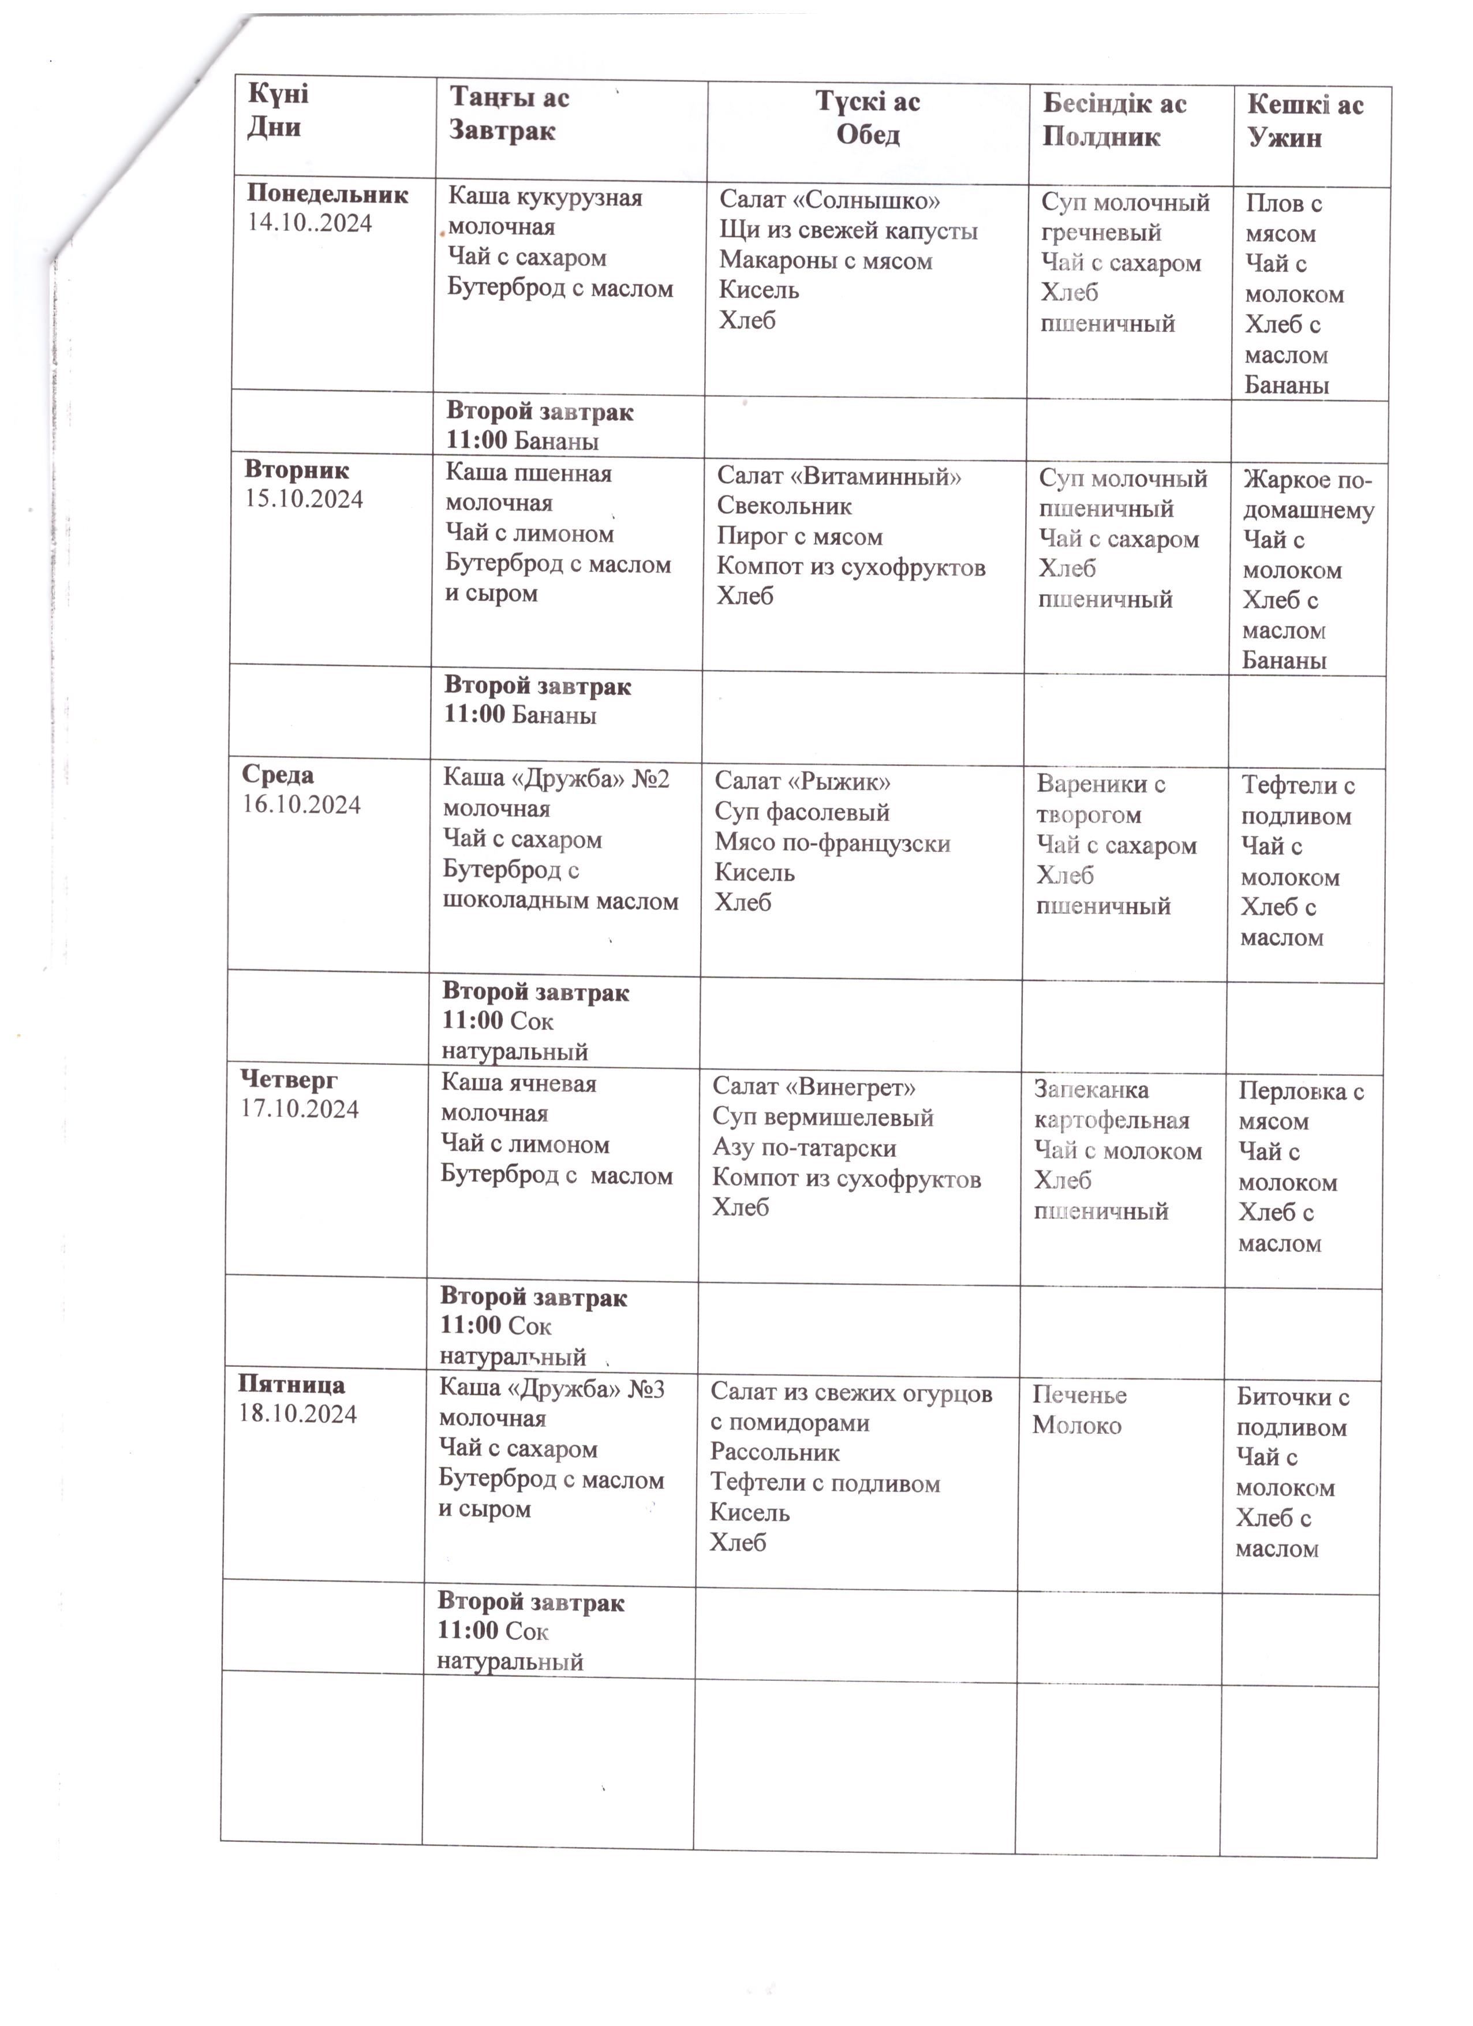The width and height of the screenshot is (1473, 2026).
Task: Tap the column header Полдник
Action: [x=1101, y=137]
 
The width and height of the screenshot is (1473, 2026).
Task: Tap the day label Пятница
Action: [x=291, y=1385]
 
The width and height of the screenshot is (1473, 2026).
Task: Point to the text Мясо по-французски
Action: [x=832, y=843]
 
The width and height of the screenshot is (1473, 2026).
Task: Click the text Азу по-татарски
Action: [x=804, y=1148]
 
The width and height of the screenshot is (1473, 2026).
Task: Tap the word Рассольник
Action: [x=775, y=1452]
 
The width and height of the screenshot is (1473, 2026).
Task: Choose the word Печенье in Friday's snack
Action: [x=1079, y=1395]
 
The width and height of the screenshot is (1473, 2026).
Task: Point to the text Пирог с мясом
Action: [x=799, y=537]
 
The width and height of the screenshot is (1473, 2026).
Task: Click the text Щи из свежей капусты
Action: [x=848, y=230]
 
